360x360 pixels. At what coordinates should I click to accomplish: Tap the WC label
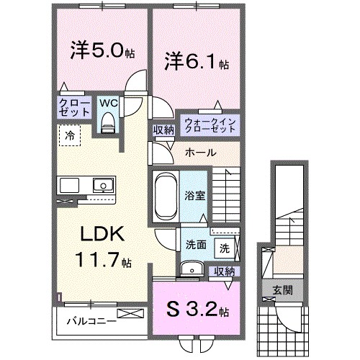click(107, 102)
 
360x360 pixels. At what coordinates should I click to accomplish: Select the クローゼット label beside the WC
click(74, 109)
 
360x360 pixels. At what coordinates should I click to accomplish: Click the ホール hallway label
click(199, 153)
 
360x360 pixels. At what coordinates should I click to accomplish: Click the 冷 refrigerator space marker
click(70, 134)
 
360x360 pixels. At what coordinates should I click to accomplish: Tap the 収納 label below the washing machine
click(225, 271)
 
